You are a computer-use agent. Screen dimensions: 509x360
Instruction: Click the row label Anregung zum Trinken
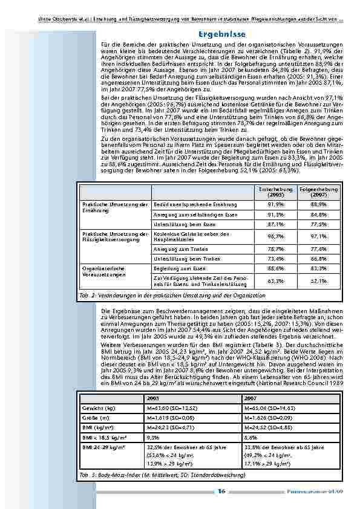pos(175,248)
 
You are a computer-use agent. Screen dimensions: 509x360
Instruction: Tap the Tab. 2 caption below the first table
pos(172,295)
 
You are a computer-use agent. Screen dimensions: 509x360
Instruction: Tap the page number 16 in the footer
pos(221,491)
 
